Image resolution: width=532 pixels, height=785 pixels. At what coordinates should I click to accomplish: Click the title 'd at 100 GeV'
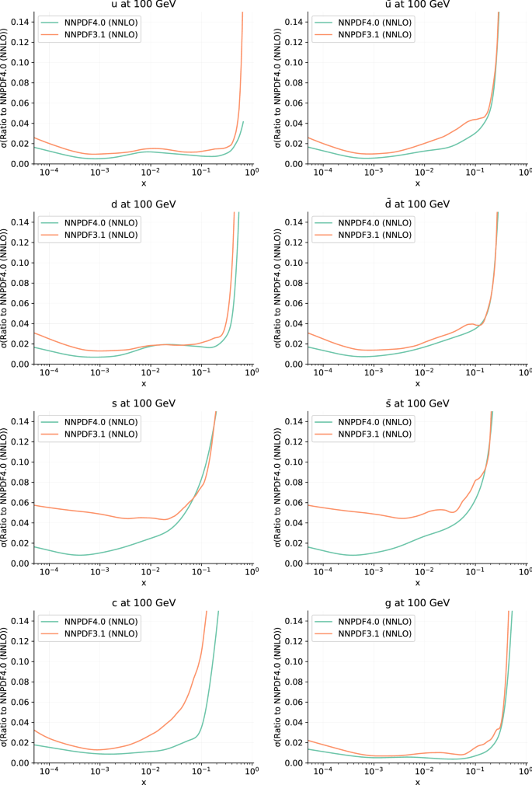(x=143, y=204)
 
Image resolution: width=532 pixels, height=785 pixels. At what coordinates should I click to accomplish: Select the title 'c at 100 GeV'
(x=143, y=602)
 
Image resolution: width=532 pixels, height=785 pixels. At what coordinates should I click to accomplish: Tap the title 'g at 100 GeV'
(x=417, y=602)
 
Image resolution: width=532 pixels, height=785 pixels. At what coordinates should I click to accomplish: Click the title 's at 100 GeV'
(x=143, y=403)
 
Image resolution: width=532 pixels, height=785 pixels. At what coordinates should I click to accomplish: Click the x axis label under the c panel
(x=143, y=781)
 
